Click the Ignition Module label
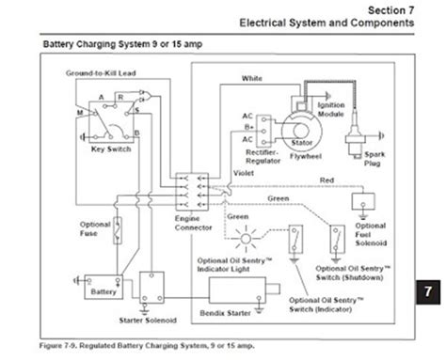pyautogui.click(x=332, y=109)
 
